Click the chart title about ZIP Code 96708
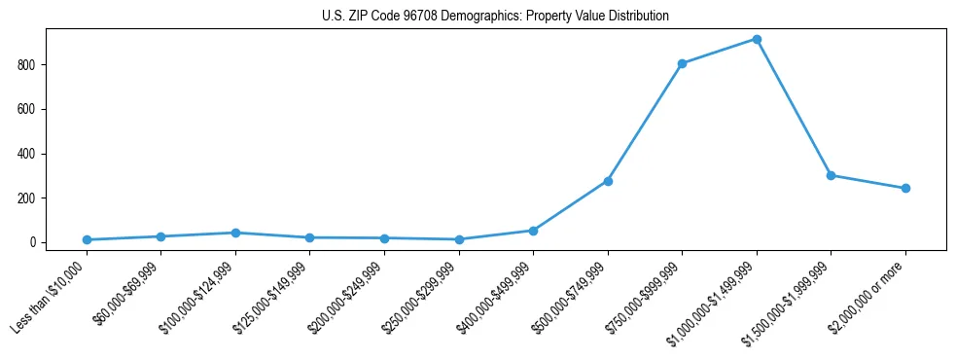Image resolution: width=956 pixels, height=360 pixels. coord(495,17)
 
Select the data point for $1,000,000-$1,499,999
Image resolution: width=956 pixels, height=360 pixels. coord(757,39)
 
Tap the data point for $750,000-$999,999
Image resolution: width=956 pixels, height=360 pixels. coord(682,63)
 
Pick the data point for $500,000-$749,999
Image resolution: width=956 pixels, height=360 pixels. coord(608,181)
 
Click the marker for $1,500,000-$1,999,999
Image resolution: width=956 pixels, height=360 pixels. coord(831,175)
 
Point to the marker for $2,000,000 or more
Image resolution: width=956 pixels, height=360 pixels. coord(905,188)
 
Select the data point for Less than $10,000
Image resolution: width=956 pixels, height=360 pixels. coord(87,239)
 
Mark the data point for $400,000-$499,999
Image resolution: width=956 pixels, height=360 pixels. coord(533,231)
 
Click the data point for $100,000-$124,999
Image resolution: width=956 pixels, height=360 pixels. coord(235,233)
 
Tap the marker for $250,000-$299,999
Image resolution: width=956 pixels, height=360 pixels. coord(459,239)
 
